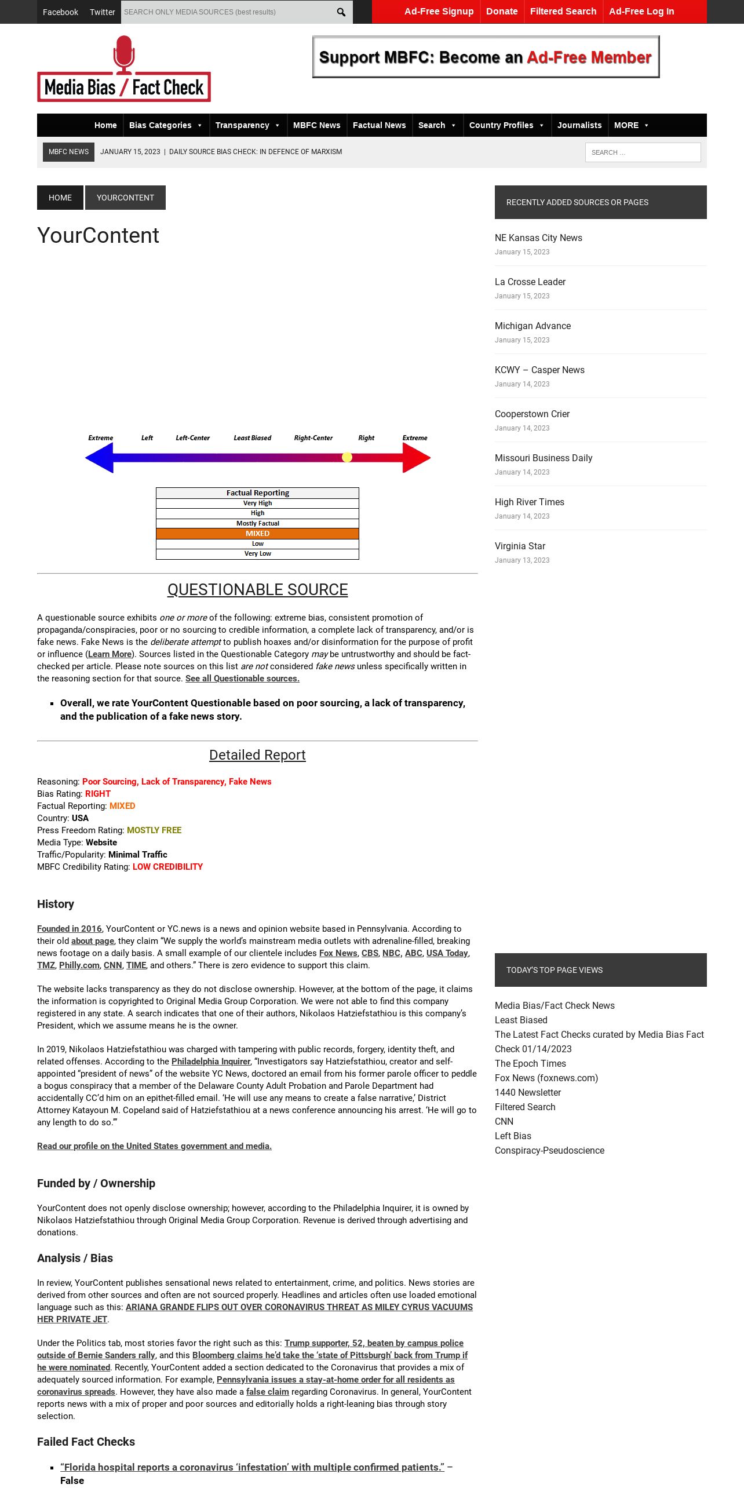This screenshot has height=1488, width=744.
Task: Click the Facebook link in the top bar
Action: pos(60,12)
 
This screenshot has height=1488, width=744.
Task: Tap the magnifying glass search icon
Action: pos(341,12)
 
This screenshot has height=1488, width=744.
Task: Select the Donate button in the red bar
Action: pos(502,12)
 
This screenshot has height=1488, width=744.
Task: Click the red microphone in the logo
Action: pos(124,53)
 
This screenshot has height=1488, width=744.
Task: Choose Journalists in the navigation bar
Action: pos(579,125)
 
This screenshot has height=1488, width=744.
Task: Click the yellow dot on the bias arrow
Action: pos(347,457)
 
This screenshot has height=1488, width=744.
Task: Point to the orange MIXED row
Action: pos(257,534)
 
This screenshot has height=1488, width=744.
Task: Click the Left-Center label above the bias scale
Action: pos(192,438)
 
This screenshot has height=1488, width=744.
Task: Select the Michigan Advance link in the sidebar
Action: pos(533,326)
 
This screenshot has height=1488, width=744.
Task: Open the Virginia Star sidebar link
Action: pos(520,546)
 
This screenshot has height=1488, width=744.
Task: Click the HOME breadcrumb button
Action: pos(60,198)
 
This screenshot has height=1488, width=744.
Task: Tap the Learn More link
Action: pos(110,654)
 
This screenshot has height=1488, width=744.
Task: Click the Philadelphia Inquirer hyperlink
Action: pos(211,1062)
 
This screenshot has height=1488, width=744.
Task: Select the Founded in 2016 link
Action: pos(69,929)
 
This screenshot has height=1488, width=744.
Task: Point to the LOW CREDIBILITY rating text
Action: pos(167,867)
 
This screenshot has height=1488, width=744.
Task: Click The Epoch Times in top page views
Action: pos(530,1064)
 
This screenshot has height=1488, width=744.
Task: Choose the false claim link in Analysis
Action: pos(267,1392)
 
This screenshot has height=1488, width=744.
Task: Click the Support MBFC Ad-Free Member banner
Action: pos(486,57)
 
